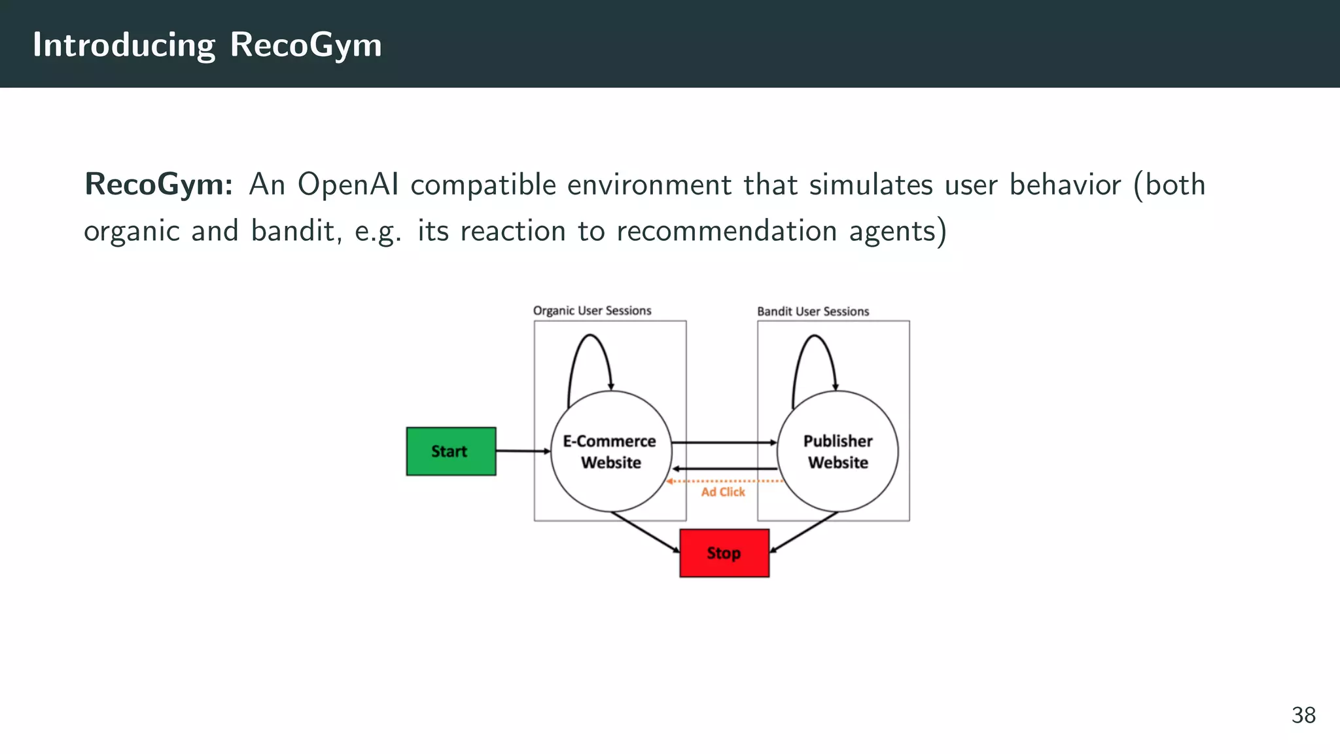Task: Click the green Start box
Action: (451, 451)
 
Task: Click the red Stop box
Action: (724, 553)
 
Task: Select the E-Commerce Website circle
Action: (610, 452)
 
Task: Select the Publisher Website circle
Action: (837, 452)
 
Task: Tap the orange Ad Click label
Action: (723, 492)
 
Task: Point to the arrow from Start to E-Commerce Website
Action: (522, 451)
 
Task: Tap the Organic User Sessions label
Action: (592, 311)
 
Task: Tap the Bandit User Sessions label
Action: (813, 312)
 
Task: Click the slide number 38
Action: (1303, 715)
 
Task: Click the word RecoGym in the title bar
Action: (306, 45)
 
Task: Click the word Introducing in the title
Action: (124, 45)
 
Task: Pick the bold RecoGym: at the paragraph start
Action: (158, 185)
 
